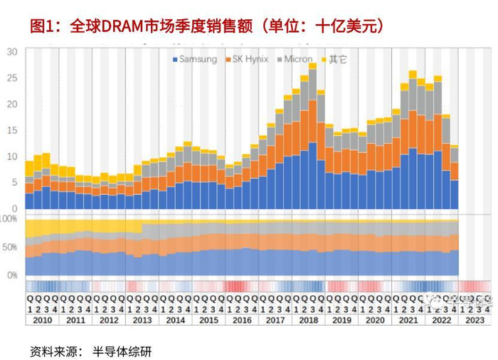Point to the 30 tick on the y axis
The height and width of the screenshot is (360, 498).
pyautogui.click(x=12, y=52)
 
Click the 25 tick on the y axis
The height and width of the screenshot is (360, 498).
pyautogui.click(x=12, y=78)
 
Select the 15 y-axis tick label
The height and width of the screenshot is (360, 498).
pyautogui.click(x=12, y=130)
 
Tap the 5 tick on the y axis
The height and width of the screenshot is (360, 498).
pyautogui.click(x=14, y=183)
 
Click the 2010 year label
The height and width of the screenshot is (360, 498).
pyautogui.click(x=43, y=321)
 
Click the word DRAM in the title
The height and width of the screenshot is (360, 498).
pyautogui.click(x=125, y=27)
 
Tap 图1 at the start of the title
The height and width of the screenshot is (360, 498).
pyautogui.click(x=42, y=27)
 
